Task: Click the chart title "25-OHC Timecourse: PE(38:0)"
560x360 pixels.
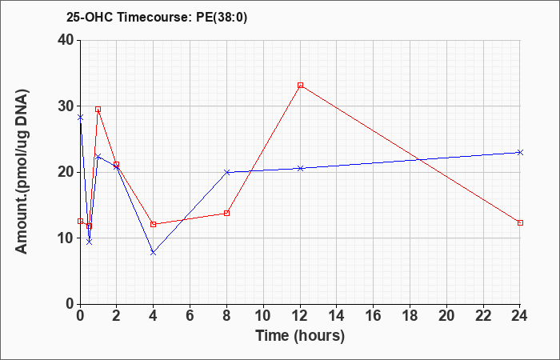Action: (157, 18)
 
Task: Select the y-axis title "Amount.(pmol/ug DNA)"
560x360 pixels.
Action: (22, 171)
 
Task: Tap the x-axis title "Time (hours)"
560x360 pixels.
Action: (300, 336)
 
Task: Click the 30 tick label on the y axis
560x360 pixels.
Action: (66, 106)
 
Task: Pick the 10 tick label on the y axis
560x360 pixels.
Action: (66, 238)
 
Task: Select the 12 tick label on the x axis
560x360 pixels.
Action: (300, 316)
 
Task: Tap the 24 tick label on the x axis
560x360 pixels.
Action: (520, 316)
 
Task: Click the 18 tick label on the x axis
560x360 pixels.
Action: (410, 316)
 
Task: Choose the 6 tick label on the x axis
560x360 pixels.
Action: (190, 316)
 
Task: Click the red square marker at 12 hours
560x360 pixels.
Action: (300, 85)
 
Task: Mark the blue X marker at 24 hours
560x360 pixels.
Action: (520, 153)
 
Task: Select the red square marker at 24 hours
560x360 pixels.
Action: (520, 223)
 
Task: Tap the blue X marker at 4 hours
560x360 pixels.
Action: (154, 253)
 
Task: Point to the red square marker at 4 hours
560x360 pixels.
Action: (154, 224)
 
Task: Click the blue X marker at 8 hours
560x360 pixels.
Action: (226, 172)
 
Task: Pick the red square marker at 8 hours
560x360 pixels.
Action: (226, 214)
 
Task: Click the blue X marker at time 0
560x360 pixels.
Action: (80, 117)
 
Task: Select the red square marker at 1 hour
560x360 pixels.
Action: (98, 109)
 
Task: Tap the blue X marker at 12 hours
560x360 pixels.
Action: (300, 168)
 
